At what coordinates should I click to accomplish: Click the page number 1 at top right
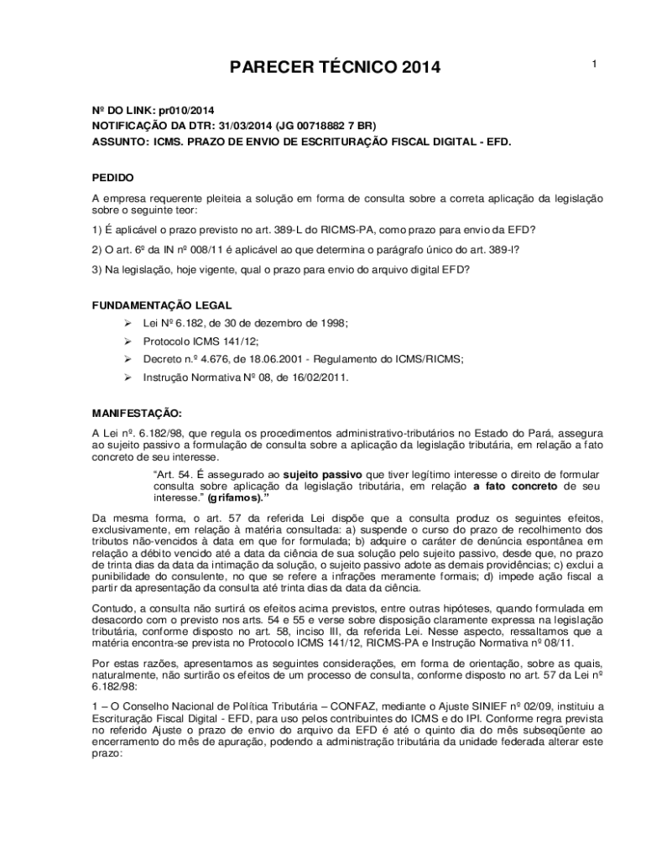pyautogui.click(x=593, y=65)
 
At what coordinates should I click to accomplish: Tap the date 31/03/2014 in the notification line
pyautogui.click(x=250, y=127)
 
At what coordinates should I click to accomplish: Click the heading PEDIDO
pyautogui.click(x=112, y=178)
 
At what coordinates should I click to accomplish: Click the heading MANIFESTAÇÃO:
pyautogui.click(x=136, y=414)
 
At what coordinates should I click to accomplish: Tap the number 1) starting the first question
pyautogui.click(x=96, y=230)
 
